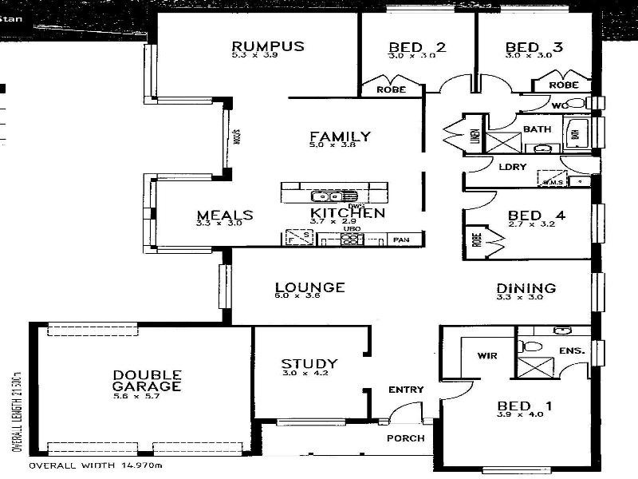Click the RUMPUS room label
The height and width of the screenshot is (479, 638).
[268, 46]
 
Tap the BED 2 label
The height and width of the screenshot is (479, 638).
[417, 47]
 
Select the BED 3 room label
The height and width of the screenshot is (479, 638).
[534, 47]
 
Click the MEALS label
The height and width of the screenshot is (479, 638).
[225, 215]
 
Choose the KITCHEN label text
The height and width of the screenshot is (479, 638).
[348, 213]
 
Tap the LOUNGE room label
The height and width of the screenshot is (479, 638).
[309, 287]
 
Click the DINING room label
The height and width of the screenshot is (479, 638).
[526, 288]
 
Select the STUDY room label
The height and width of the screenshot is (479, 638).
[309, 363]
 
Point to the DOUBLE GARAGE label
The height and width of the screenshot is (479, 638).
[147, 380]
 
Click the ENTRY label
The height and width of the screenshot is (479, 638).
[405, 390]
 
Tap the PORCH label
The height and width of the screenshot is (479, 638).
[405, 438]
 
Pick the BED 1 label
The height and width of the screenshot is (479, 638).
[524, 406]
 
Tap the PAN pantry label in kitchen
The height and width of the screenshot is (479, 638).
[401, 239]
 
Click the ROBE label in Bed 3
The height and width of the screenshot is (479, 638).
[564, 85]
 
